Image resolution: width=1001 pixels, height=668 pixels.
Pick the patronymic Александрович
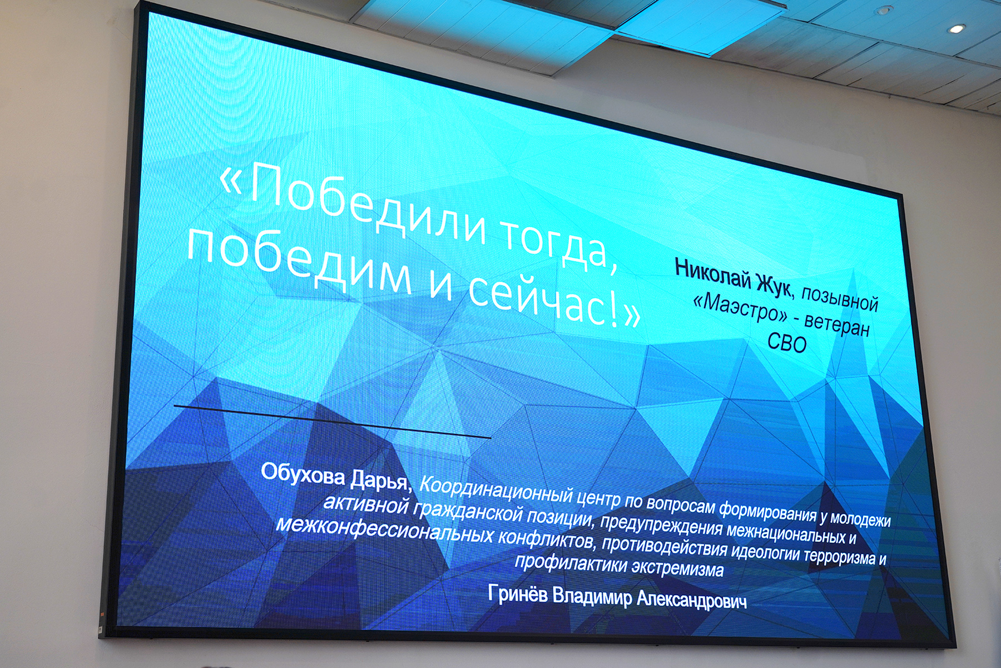691,599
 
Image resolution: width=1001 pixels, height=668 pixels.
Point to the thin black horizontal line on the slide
332,422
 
